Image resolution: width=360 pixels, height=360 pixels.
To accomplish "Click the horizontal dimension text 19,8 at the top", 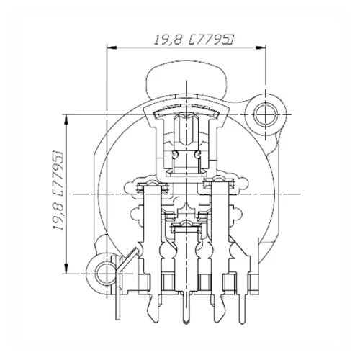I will (167, 42).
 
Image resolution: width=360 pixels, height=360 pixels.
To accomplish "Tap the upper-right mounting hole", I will (264, 113).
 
